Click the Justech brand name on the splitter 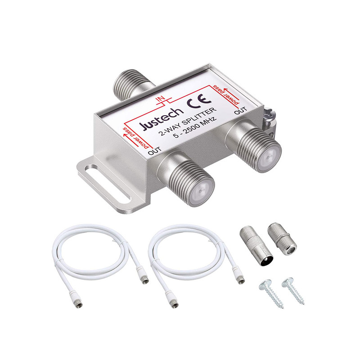tap(162, 118)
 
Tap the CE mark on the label tap(199, 100)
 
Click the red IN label tap(160, 99)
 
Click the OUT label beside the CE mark tap(240, 111)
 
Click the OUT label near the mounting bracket tap(155, 151)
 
